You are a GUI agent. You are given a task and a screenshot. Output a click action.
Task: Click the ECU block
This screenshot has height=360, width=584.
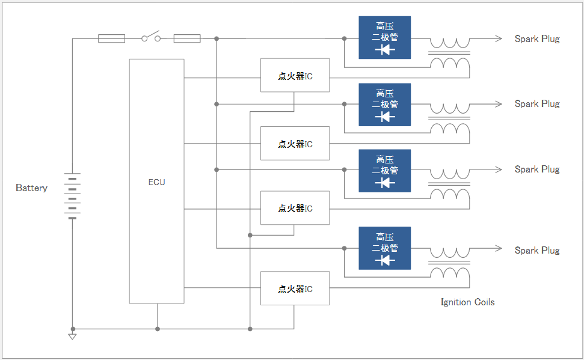click(156, 182)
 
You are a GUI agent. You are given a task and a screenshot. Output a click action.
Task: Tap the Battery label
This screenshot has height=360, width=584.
click(31, 188)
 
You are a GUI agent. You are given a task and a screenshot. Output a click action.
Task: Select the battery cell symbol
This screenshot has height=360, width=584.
click(72, 196)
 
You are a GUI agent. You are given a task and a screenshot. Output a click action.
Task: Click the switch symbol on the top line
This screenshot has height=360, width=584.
click(151, 38)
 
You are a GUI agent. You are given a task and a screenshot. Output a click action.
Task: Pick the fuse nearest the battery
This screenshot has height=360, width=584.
click(111, 38)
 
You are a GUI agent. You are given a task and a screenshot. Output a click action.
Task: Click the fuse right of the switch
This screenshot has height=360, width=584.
click(187, 38)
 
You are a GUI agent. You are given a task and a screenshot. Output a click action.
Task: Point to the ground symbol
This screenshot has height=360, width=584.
click(72, 336)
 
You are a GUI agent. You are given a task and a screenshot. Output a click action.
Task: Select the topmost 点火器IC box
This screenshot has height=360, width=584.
click(295, 76)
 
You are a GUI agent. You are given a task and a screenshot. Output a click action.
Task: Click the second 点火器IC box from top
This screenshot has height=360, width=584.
click(295, 144)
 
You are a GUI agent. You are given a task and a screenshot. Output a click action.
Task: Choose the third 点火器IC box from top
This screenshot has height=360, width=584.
click(295, 208)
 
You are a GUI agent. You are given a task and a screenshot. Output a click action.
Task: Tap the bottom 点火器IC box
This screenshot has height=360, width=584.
click(295, 288)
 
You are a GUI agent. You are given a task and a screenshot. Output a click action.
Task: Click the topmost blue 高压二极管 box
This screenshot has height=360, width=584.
click(384, 37)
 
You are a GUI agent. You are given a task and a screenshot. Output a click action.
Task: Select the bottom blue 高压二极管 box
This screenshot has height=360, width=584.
click(384, 248)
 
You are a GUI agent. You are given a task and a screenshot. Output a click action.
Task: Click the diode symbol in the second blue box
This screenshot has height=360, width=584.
click(384, 117)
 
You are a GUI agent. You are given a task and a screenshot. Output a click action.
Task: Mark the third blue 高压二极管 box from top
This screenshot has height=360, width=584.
click(384, 171)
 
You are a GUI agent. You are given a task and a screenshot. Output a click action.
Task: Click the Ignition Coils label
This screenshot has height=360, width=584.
click(467, 302)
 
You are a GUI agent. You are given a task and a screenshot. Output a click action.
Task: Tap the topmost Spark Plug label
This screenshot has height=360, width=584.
click(536, 39)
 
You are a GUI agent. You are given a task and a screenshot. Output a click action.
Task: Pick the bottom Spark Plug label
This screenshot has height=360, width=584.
click(536, 251)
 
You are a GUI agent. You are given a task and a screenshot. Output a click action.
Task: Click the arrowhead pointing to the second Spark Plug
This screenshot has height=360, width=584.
click(499, 104)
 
